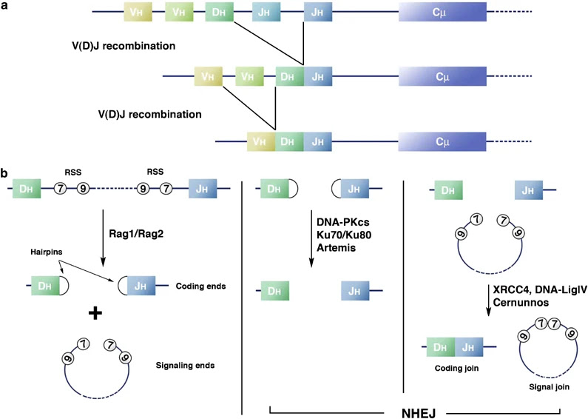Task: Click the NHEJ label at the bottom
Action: point(418,413)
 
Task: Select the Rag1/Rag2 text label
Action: point(136,233)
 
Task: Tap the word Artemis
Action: point(336,248)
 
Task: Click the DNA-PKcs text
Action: point(342,223)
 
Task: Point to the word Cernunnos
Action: point(521,303)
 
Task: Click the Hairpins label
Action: point(47,252)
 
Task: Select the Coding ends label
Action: point(200,286)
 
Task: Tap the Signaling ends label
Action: point(185,365)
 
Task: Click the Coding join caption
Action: point(456,368)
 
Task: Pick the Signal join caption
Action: point(549,386)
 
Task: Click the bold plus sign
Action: point(95,312)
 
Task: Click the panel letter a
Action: point(4,5)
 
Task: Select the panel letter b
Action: point(4,173)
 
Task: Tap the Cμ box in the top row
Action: point(442,12)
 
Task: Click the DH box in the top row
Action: point(220,12)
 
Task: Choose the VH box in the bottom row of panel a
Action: point(261,141)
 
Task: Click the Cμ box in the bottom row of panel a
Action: point(442,141)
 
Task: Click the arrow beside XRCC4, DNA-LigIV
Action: point(488,301)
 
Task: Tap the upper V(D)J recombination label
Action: point(124,46)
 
